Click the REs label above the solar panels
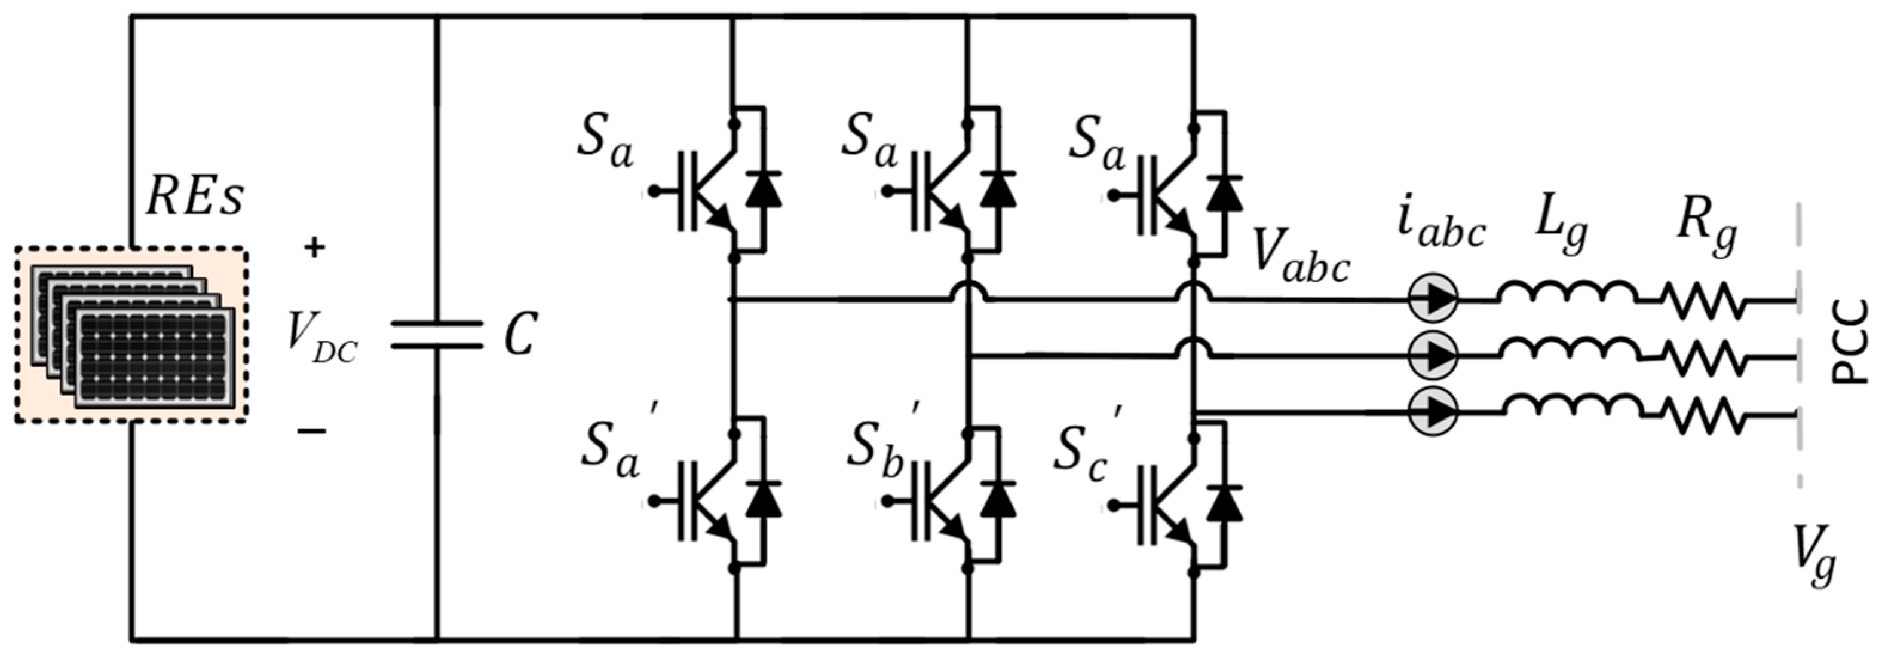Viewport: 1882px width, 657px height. click(195, 197)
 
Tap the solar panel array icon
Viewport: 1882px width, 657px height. click(131, 335)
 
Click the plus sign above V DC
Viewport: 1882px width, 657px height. click(315, 249)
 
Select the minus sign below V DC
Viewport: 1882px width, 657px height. click(312, 431)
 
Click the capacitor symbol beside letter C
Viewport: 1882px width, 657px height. click(437, 335)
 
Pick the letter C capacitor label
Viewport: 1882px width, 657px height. click(521, 335)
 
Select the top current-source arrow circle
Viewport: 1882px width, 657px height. click(1433, 298)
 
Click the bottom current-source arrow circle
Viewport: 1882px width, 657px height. click(1433, 413)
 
